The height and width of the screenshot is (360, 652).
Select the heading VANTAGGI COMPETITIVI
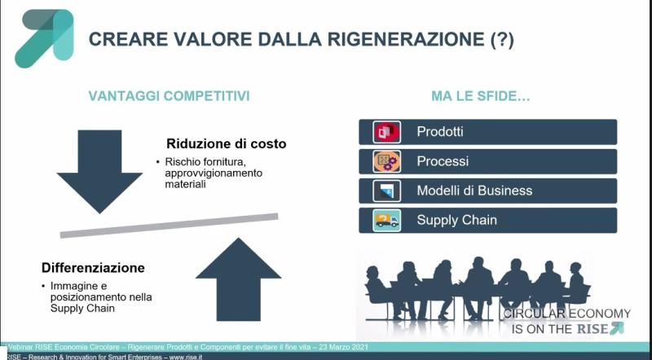[169, 96]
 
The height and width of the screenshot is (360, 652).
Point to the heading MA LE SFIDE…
[481, 96]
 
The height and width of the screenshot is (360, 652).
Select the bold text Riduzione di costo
[227, 143]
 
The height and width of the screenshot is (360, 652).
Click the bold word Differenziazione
[93, 267]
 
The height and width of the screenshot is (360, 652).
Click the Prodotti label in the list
[440, 131]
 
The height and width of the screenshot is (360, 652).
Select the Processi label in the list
[443, 160]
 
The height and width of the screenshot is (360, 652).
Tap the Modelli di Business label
[474, 191]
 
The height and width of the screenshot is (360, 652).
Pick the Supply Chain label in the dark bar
[456, 220]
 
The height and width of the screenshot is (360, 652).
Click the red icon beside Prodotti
[385, 131]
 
